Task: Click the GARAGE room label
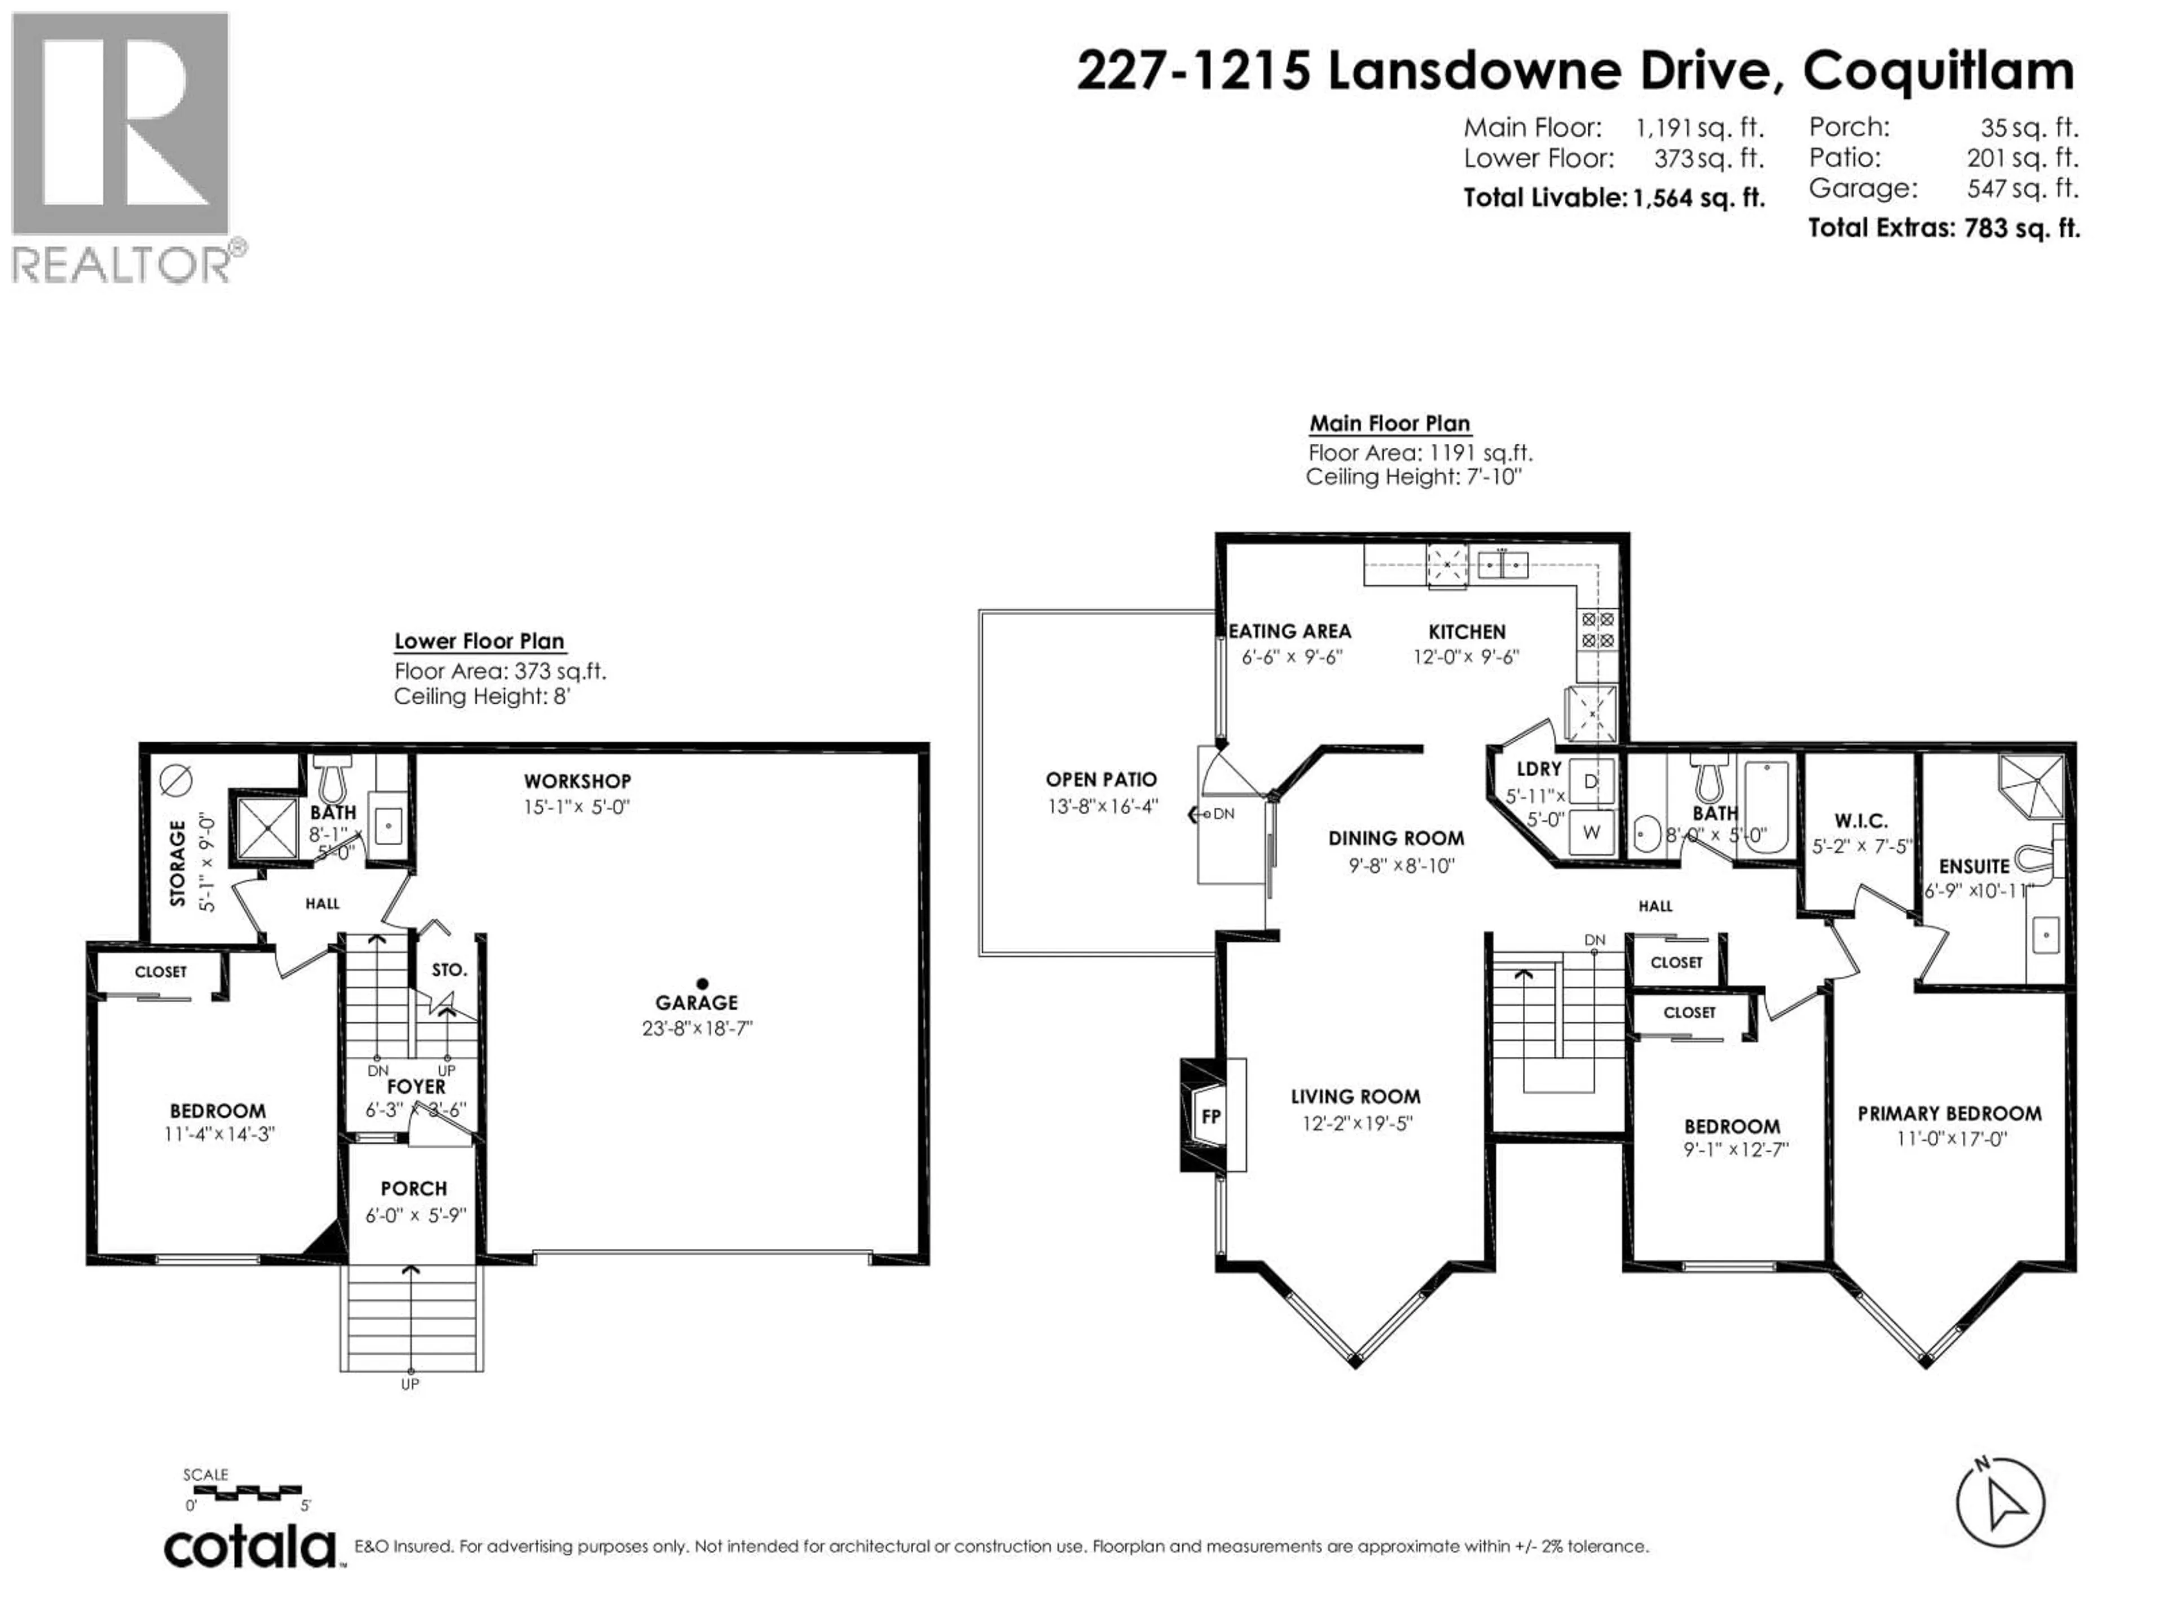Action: click(x=696, y=1003)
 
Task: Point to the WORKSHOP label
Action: click(x=576, y=781)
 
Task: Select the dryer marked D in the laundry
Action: click(x=1591, y=781)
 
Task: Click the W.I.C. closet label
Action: click(x=1860, y=821)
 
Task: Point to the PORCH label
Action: click(x=413, y=1188)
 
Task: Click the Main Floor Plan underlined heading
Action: click(x=1389, y=424)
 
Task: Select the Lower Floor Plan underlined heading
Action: click(x=479, y=641)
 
